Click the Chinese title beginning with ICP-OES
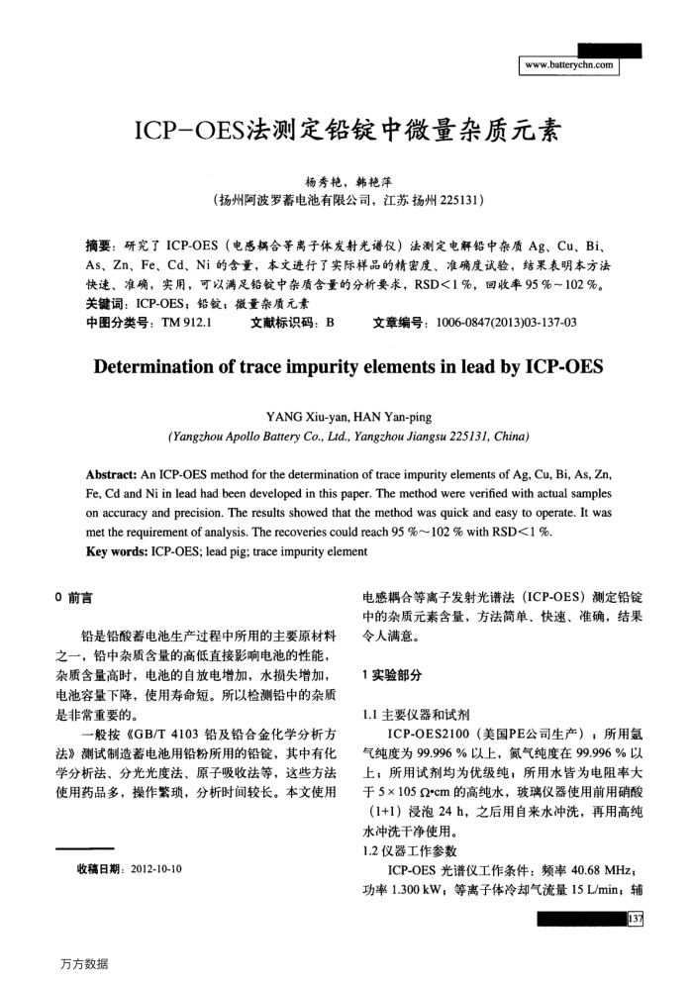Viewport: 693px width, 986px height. coord(346,131)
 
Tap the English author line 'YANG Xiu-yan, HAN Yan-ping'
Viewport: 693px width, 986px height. coord(346,417)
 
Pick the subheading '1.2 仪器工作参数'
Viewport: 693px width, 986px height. coord(410,850)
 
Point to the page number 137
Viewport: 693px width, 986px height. coord(635,921)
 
